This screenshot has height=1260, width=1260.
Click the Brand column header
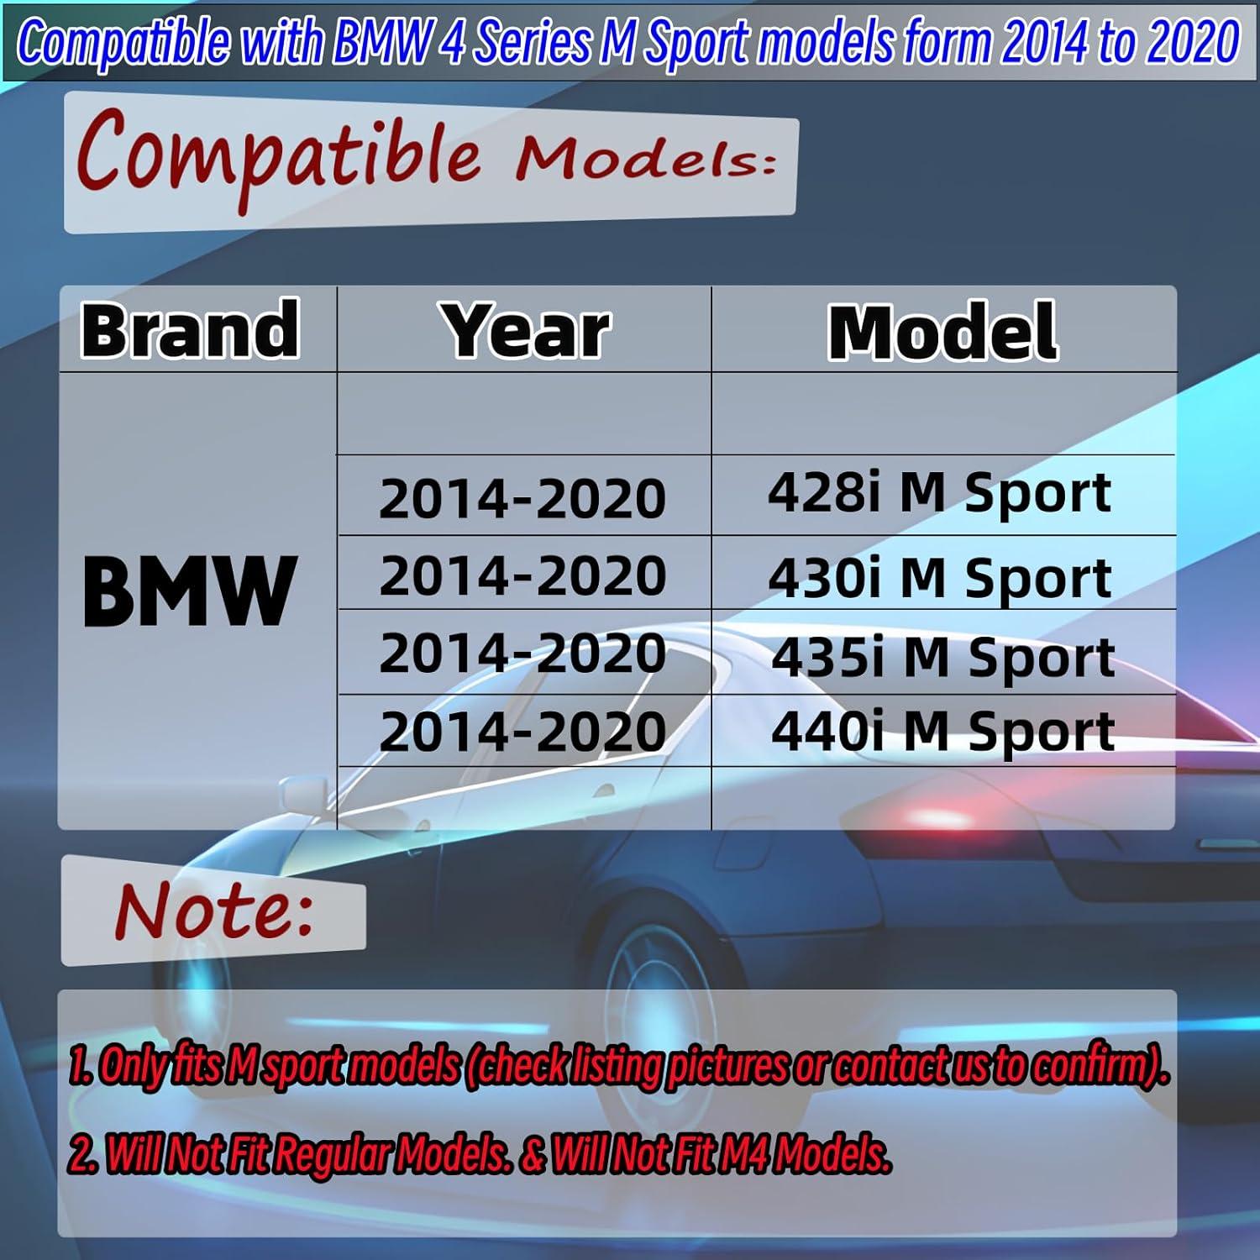pyautogui.click(x=190, y=330)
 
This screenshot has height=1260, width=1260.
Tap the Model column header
pyautogui.click(x=942, y=333)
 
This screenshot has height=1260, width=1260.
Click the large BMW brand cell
pyautogui.click(x=189, y=591)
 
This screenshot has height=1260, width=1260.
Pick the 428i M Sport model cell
pyautogui.click(x=939, y=493)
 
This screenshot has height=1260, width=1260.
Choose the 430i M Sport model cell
pyautogui.click(x=939, y=578)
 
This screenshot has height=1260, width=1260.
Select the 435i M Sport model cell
pyautogui.click(x=942, y=657)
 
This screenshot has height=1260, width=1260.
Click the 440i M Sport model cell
pyautogui.click(x=942, y=732)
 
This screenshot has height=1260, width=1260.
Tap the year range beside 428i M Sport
pyautogui.click(x=522, y=498)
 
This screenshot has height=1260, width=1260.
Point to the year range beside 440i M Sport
pyautogui.click(x=522, y=732)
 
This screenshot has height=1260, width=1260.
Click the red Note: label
pyautogui.click(x=214, y=911)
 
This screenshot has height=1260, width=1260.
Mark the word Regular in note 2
pyautogui.click(x=332, y=1156)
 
